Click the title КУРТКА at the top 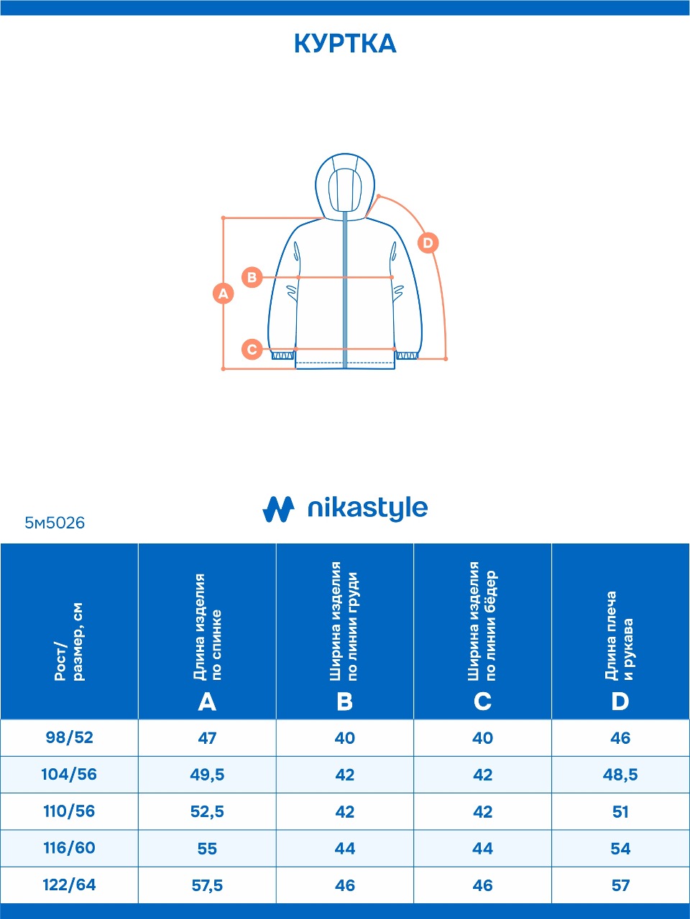click(345, 44)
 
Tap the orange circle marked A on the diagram click(224, 293)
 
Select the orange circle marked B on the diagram click(252, 277)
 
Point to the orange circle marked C click(252, 350)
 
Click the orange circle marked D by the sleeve click(428, 243)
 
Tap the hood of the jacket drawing click(345, 183)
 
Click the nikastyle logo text click(367, 508)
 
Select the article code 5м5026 click(55, 523)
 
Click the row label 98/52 click(69, 737)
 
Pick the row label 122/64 click(69, 885)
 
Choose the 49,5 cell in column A click(207, 775)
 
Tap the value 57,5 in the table click(207, 885)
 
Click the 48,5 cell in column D click(620, 775)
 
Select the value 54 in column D click(620, 849)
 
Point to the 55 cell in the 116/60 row click(207, 849)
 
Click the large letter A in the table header click(207, 701)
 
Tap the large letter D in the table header click(620, 701)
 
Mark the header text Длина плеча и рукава click(620, 635)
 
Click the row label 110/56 click(69, 811)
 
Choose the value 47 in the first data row click(207, 738)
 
